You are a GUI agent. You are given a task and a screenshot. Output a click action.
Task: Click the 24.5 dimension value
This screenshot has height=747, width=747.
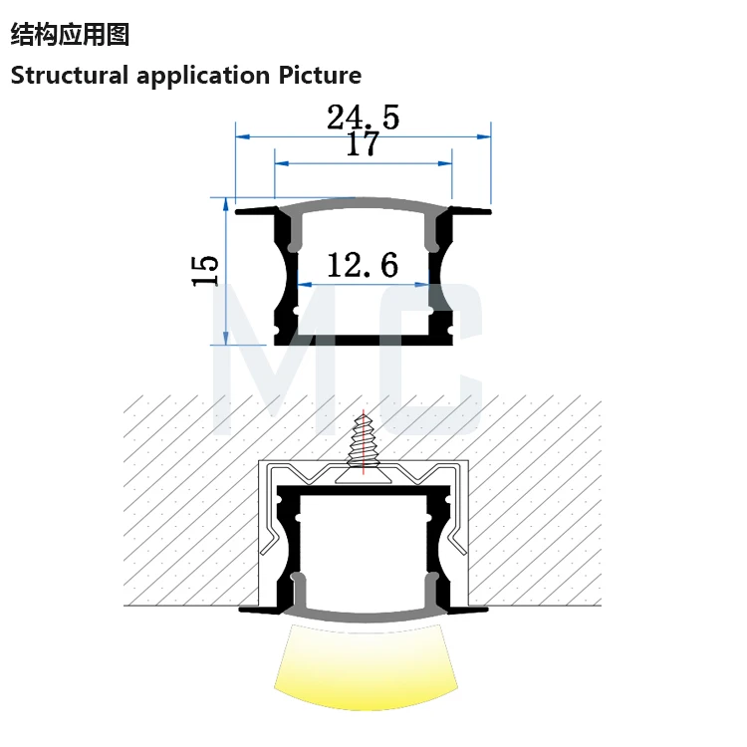click(363, 118)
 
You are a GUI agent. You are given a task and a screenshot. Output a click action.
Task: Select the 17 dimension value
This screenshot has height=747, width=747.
click(363, 144)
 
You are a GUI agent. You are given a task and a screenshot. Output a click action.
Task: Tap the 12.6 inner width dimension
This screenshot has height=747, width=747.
click(363, 265)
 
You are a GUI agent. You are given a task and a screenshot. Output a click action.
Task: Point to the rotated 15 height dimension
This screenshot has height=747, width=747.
click(205, 271)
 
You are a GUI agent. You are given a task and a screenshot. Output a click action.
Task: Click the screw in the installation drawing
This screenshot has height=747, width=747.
click(364, 443)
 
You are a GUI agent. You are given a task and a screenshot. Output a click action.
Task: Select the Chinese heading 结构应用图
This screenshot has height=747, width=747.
click(71, 35)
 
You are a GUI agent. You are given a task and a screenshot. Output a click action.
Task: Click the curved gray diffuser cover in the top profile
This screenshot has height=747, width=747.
click(364, 205)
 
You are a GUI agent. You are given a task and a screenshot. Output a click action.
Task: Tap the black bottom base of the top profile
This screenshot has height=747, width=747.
click(364, 340)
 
